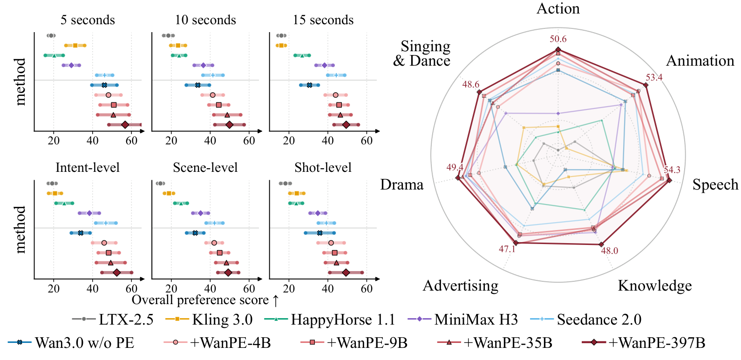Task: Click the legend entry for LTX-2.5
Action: point(113,319)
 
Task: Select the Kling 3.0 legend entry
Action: point(209,319)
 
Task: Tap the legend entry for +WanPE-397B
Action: point(643,343)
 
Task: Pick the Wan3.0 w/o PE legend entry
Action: point(71,343)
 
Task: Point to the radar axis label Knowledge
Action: point(655,285)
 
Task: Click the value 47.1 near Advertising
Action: point(507,249)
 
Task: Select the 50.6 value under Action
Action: point(558,39)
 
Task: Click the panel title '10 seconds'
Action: point(205,20)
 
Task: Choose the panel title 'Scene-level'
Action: point(205,168)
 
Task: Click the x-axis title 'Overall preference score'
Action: point(200,300)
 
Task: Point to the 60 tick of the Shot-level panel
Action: point(367,289)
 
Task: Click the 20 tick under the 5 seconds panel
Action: point(54,141)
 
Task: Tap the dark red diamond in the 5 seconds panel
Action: point(125,125)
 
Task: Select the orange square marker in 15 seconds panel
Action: point(281,45)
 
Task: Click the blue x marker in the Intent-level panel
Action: point(81,233)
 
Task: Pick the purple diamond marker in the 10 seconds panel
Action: point(203,65)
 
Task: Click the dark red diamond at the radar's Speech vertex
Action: point(669,180)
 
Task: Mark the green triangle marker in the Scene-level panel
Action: point(181,203)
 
